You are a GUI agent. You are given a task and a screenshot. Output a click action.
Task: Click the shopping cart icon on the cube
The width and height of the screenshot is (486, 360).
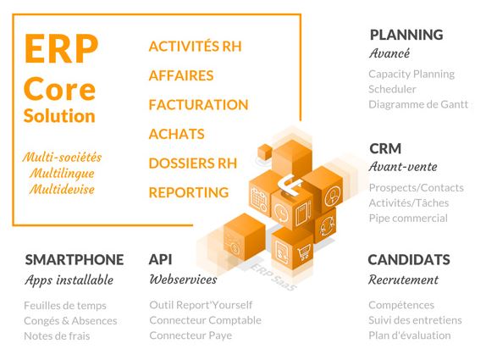(x=304, y=252)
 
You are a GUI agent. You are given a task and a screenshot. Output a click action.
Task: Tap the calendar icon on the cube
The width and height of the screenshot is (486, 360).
(x=259, y=198)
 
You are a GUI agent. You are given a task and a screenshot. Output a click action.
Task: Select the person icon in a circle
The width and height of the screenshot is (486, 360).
(x=333, y=196)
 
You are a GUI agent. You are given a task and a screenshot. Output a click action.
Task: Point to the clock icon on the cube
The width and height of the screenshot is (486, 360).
(x=282, y=213)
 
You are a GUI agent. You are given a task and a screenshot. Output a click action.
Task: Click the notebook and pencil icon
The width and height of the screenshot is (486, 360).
(x=303, y=213)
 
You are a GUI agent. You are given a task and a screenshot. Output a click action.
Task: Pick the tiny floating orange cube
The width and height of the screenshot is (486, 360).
(x=265, y=152)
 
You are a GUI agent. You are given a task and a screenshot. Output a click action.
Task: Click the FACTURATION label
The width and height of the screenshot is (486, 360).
(x=198, y=105)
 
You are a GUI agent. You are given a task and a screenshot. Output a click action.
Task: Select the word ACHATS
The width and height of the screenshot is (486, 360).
(x=176, y=134)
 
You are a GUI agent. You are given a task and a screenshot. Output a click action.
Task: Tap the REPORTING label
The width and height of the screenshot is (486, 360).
(x=189, y=192)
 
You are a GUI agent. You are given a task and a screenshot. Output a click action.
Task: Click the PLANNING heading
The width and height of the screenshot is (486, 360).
(x=406, y=35)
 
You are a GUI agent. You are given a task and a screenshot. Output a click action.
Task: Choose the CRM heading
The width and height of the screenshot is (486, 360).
(x=385, y=148)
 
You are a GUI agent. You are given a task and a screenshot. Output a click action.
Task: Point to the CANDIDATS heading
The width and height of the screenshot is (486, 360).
(x=409, y=260)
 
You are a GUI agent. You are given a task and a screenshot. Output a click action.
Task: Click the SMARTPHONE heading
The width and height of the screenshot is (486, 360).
(x=75, y=260)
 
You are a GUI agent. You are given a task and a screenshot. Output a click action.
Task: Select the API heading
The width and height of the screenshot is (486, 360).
(x=160, y=260)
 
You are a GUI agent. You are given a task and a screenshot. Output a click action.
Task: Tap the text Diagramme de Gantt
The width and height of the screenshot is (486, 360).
(x=418, y=104)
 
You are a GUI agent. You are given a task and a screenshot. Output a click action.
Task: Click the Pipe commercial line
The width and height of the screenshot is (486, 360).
(x=408, y=218)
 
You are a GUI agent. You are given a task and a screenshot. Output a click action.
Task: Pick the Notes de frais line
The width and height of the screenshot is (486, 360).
(x=57, y=335)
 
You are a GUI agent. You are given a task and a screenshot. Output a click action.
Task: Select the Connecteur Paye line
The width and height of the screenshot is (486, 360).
(x=191, y=335)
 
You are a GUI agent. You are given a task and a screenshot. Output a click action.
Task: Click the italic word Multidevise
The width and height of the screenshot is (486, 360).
(x=62, y=189)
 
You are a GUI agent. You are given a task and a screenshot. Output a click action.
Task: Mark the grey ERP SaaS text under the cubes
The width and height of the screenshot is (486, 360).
(x=273, y=277)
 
